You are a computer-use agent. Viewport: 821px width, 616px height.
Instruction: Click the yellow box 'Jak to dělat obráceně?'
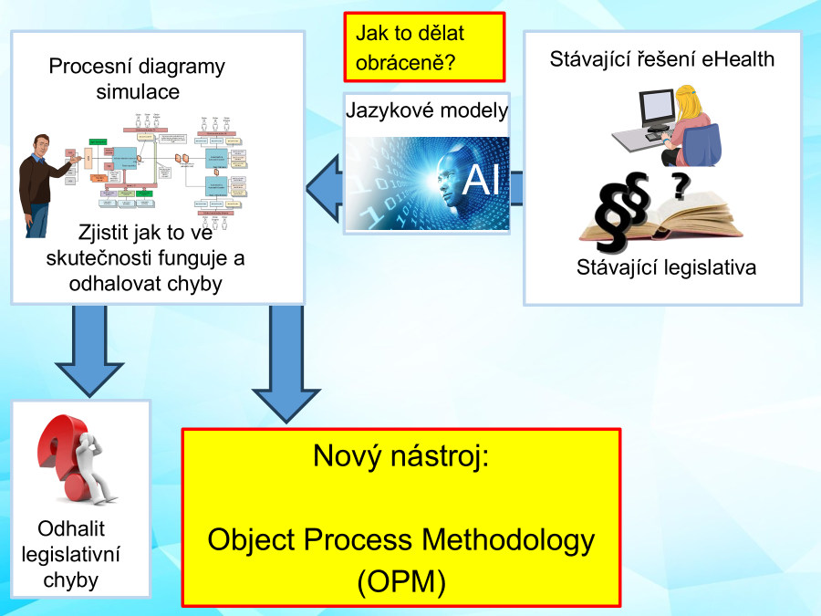[423, 47]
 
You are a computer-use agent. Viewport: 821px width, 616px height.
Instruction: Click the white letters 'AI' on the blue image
[481, 180]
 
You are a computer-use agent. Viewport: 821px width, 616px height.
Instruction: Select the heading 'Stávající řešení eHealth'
[662, 59]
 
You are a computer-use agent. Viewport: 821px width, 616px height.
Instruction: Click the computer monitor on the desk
[656, 108]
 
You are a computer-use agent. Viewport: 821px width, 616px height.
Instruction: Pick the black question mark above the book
[680, 186]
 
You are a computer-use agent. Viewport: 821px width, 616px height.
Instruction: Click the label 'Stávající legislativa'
[667, 268]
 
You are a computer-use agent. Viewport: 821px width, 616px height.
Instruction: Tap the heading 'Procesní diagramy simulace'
[137, 78]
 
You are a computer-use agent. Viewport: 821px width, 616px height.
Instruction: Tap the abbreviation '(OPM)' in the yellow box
[401, 581]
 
